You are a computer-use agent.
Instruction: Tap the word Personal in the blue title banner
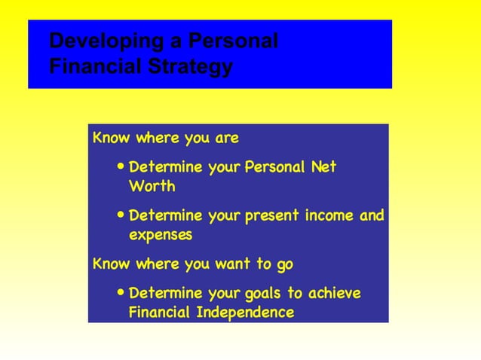pyautogui.click(x=234, y=41)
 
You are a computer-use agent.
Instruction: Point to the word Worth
pyautogui.click(x=152, y=185)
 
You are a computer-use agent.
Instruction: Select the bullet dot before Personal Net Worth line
pyautogui.click(x=122, y=166)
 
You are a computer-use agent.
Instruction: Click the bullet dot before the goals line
pyautogui.click(x=122, y=293)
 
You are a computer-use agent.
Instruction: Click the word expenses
pyautogui.click(x=161, y=235)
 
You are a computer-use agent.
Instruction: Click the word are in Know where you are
pyautogui.click(x=227, y=138)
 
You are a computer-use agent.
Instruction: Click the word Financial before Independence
pyautogui.click(x=161, y=312)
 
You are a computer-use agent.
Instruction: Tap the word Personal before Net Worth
pyautogui.click(x=275, y=166)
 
